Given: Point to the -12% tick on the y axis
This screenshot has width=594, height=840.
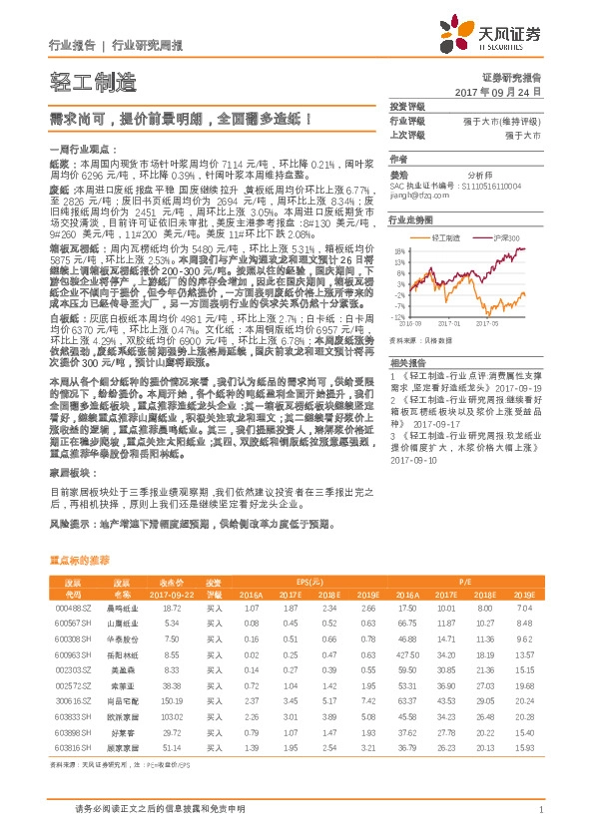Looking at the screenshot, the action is click(x=397, y=316).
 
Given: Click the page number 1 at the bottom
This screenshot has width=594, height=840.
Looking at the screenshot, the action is click(x=540, y=811).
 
